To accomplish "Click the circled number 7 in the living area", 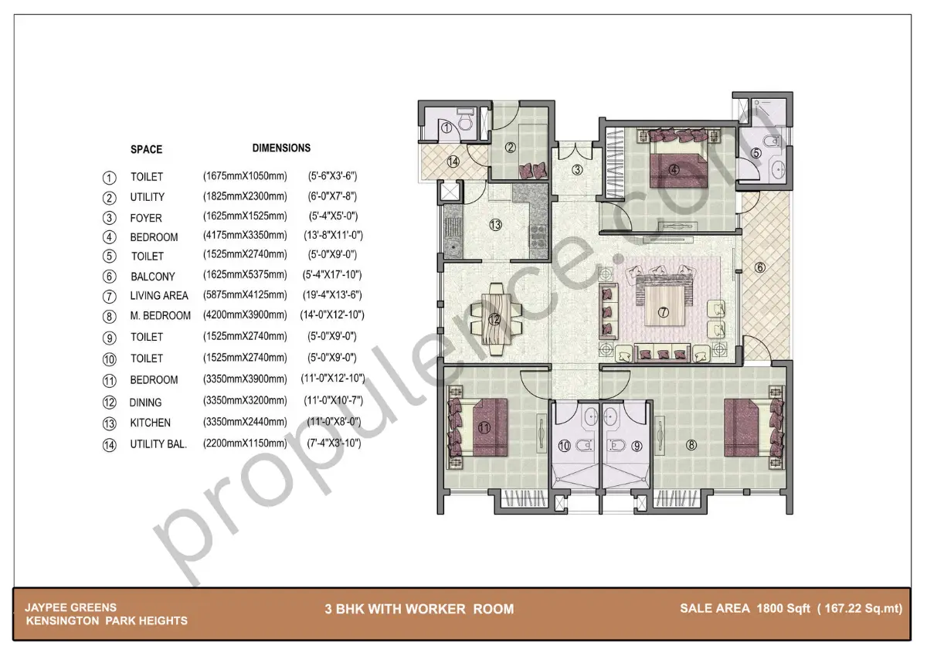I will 662,312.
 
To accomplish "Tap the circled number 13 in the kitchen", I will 495,225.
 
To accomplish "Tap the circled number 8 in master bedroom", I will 691,444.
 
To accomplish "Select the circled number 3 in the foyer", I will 576,170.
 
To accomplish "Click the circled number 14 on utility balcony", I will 453,161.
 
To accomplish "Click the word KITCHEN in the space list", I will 150,423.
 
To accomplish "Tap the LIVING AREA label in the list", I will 158,295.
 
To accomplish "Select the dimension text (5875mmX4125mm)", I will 245,294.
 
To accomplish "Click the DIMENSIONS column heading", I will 281,148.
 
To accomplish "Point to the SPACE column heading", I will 146,149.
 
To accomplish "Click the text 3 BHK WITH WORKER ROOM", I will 419,609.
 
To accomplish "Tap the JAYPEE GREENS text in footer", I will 70,607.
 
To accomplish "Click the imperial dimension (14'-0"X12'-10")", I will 331,314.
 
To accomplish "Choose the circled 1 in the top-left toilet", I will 447,128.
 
